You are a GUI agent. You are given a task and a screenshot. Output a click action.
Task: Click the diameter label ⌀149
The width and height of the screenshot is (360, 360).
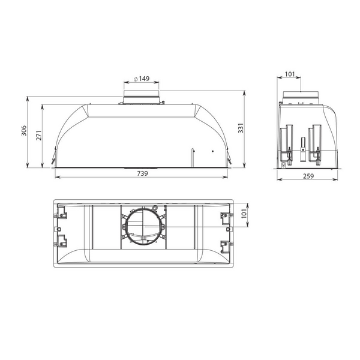pyautogui.click(x=141, y=79)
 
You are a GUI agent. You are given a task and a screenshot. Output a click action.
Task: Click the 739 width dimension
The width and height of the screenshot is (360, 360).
pyautogui.click(x=142, y=173)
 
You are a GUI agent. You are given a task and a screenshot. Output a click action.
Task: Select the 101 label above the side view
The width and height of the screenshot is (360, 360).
pyautogui.click(x=290, y=75)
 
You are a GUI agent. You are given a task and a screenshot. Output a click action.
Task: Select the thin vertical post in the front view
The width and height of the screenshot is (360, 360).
pyautogui.click(x=192, y=157)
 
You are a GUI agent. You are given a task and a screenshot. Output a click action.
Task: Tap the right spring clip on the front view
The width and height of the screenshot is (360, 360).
pyautogui.click(x=230, y=161)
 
